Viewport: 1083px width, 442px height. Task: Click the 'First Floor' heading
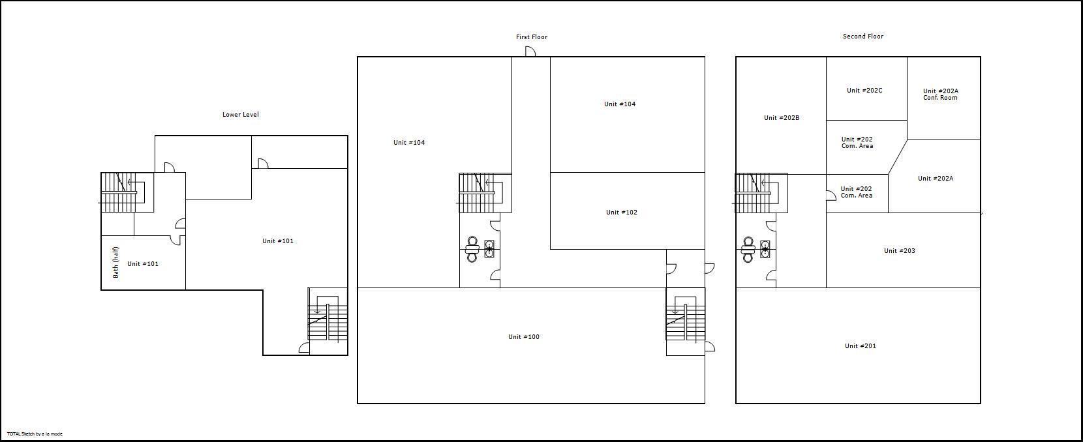[531, 37]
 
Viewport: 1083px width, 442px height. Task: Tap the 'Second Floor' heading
[862, 37]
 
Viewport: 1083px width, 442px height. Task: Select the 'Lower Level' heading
[240, 115]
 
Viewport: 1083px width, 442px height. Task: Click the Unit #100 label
[523, 337]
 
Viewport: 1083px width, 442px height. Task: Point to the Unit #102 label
[621, 213]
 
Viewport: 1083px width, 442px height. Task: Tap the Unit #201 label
[860, 346]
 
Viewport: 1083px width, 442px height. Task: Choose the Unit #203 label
[899, 251]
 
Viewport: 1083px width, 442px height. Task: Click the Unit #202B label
[781, 118]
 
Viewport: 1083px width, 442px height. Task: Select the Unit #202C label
[864, 91]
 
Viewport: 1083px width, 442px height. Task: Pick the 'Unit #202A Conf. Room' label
[940, 95]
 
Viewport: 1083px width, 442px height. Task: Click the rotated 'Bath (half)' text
[116, 262]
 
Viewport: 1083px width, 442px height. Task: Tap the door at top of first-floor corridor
[530, 52]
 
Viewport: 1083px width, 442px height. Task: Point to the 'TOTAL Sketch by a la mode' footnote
[35, 434]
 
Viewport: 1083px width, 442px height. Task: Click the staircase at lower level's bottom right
[327, 317]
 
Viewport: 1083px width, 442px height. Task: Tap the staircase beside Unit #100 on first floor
[685, 317]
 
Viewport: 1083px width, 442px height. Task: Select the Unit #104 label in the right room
[619, 104]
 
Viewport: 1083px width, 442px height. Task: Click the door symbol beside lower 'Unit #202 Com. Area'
[831, 195]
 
